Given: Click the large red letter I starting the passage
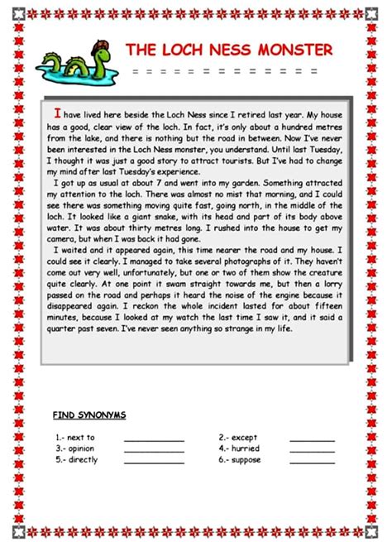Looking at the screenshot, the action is point(57,113).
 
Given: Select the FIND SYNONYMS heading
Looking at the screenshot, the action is point(89,414).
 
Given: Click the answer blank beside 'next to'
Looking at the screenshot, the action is point(154,439).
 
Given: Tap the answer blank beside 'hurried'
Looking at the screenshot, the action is point(312,450).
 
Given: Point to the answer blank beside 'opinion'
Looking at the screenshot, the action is point(154,450).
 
